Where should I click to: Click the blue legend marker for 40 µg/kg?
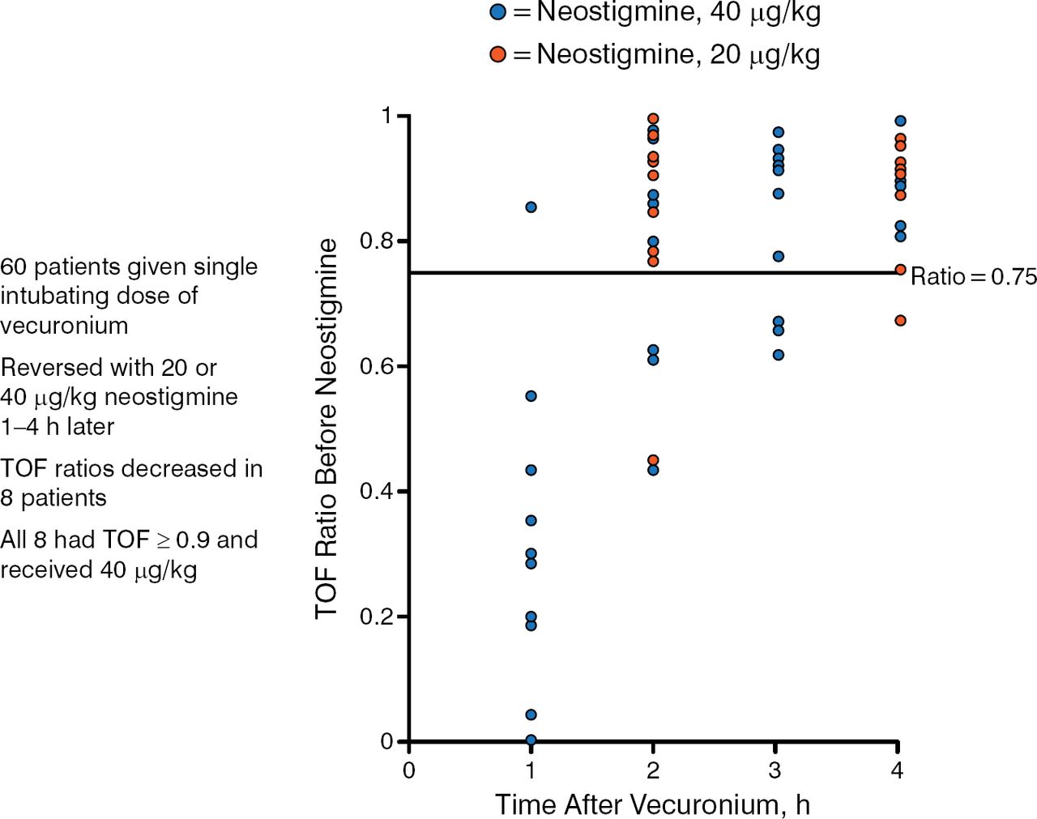(x=498, y=12)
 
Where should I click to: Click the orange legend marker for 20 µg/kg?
(x=498, y=54)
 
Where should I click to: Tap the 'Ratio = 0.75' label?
(x=973, y=277)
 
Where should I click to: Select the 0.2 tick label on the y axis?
(x=376, y=617)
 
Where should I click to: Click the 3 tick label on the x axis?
(x=775, y=770)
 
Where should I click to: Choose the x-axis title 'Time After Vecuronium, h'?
(x=652, y=804)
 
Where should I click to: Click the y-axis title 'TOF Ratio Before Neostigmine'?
(x=326, y=429)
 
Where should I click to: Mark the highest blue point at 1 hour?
(x=531, y=207)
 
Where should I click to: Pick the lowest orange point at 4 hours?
(x=900, y=321)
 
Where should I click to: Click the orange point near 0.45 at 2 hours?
(x=653, y=460)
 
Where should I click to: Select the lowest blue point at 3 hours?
(x=779, y=355)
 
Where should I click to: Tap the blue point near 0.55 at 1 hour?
(x=531, y=396)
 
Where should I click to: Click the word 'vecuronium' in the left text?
(x=64, y=326)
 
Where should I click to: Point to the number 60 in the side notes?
(x=14, y=267)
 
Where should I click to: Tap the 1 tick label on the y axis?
(x=386, y=116)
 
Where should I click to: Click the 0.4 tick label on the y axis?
(x=376, y=492)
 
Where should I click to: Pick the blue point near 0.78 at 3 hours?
(x=779, y=257)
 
